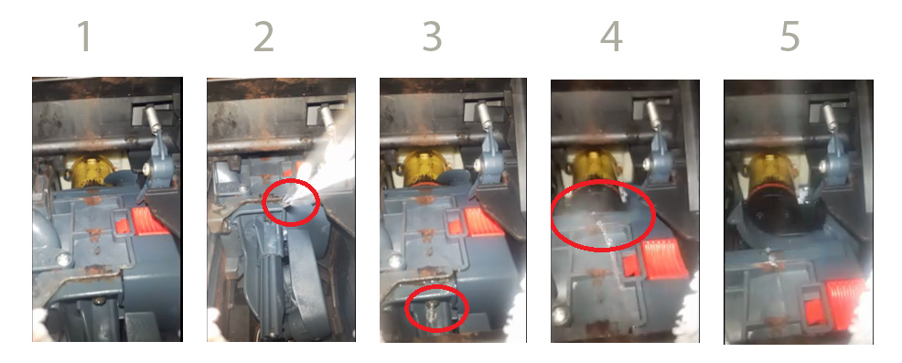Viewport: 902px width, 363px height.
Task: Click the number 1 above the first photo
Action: click(x=84, y=37)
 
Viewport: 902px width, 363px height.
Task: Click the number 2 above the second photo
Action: click(x=263, y=37)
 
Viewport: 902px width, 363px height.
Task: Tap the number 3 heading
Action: click(x=432, y=37)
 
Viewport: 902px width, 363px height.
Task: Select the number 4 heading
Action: click(x=611, y=37)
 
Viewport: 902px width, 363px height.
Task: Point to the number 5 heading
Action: click(x=789, y=37)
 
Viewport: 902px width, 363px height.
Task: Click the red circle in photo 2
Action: click(x=263, y=202)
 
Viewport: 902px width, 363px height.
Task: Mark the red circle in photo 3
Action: click(x=407, y=308)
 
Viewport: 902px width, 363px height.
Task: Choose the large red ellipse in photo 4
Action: click(x=553, y=216)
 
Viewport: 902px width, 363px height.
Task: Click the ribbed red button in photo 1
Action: click(x=149, y=221)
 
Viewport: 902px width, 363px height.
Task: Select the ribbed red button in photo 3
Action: click(x=483, y=222)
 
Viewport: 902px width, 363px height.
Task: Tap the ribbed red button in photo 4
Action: click(x=664, y=259)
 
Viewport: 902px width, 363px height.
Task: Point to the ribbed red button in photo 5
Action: click(x=845, y=304)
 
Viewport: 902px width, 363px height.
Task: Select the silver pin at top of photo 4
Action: click(x=653, y=117)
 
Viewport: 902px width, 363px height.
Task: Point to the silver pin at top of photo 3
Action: click(x=485, y=118)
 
